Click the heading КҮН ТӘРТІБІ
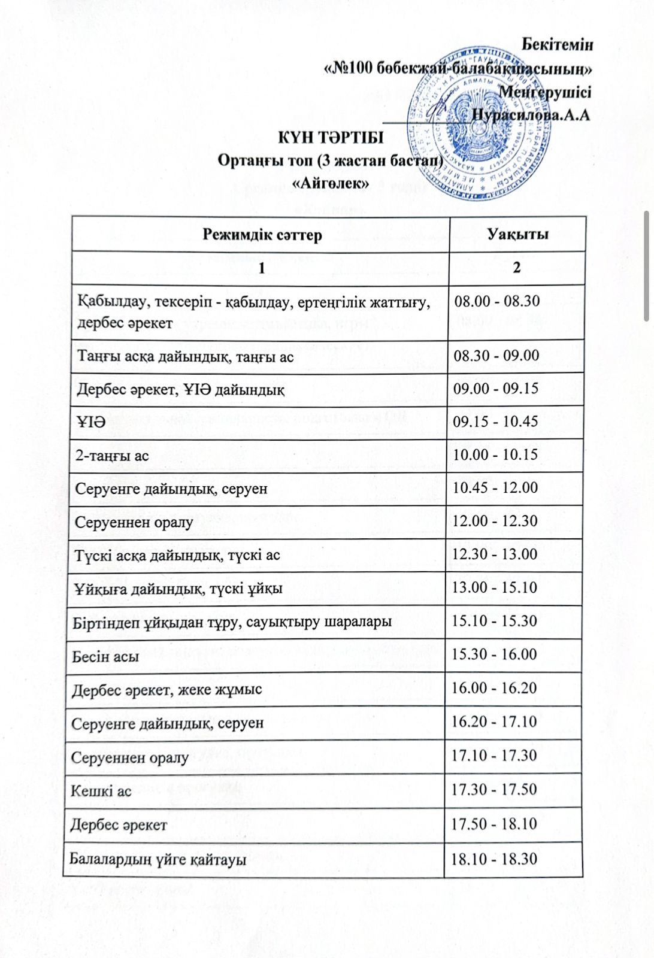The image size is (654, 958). pos(330,137)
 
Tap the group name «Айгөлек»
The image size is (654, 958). pos(330,183)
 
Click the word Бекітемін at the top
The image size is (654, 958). pos(557,44)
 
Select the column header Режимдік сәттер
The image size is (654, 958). pos(262,234)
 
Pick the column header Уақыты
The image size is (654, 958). pos(517,234)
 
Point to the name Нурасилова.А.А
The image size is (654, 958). pos(531,115)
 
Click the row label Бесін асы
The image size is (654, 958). pos(105,656)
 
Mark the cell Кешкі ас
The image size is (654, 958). pos(101,791)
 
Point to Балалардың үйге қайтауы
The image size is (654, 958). pos(158,860)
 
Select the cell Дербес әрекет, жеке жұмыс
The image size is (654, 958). pos(166,690)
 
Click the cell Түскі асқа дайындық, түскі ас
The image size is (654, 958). pos(177,555)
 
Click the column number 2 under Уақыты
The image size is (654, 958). pos(517,267)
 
